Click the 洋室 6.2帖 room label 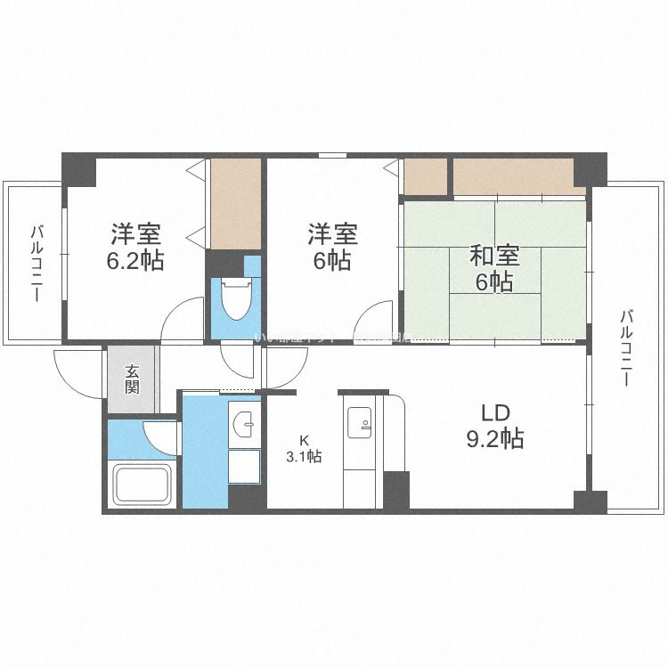(136, 248)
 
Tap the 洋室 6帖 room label (332, 248)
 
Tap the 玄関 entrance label (132, 379)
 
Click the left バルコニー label (37, 264)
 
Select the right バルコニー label (627, 347)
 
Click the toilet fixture (235, 299)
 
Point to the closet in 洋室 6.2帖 (235, 203)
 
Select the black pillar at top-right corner (589, 169)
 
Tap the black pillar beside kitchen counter (396, 491)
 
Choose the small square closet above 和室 (425, 177)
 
